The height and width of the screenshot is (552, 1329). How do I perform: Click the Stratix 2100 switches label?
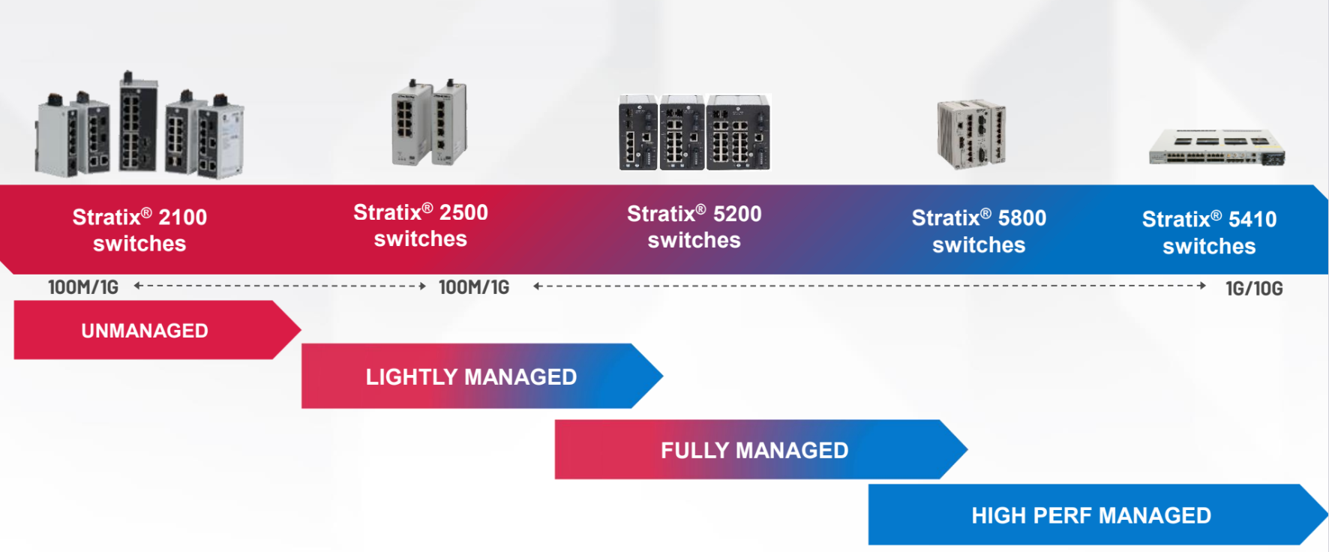point(139,230)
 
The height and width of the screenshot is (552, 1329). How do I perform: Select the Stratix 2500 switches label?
point(421,225)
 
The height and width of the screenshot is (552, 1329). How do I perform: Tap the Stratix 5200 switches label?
point(694,226)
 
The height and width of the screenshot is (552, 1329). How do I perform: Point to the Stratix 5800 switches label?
point(979,231)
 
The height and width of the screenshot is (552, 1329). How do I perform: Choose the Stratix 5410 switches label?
point(1209,232)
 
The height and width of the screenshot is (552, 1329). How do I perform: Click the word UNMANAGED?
point(145,331)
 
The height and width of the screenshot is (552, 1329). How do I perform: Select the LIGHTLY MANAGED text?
point(471,376)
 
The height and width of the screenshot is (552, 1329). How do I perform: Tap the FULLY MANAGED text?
point(754,450)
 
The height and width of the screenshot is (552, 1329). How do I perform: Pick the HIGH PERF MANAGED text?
point(1091,515)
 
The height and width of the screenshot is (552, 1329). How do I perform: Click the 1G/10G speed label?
point(1254,289)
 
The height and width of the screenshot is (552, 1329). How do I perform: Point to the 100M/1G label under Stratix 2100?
point(83,287)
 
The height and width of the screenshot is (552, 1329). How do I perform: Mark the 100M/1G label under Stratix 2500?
point(474,287)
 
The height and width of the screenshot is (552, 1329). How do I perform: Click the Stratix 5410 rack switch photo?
point(1217,147)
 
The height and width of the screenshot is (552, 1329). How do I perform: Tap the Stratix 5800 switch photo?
point(971,133)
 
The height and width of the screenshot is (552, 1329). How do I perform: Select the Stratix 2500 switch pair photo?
point(430,122)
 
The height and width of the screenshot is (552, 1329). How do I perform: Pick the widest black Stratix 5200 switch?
point(739,132)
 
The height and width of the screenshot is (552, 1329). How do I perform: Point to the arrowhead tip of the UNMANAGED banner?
point(301,329)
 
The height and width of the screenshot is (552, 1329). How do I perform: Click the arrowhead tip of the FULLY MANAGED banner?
point(967,449)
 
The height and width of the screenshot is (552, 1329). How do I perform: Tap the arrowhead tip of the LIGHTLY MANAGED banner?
point(663,376)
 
